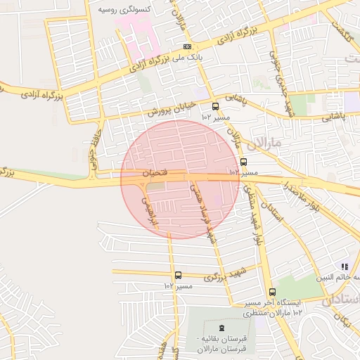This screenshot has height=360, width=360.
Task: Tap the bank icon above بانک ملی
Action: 187,46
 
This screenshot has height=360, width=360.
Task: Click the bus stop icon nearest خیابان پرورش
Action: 214,107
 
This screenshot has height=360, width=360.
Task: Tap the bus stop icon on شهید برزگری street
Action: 178,276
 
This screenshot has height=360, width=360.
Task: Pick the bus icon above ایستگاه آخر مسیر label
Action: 272,292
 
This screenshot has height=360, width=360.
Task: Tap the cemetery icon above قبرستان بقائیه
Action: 222,328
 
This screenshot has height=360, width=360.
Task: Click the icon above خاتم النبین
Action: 345,266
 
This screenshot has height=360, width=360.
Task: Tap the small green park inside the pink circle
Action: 156,187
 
